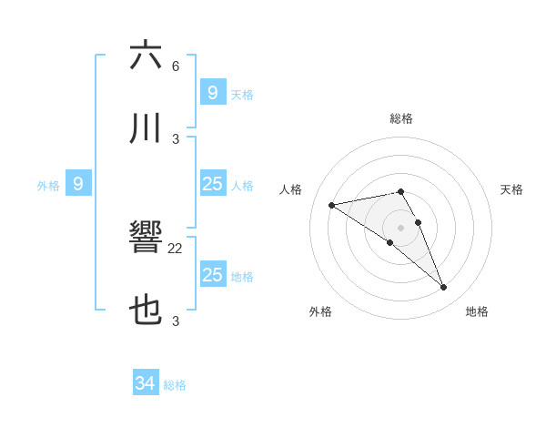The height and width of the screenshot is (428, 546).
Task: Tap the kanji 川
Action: pos(147,128)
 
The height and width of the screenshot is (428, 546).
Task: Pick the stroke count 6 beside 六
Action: pos(176,66)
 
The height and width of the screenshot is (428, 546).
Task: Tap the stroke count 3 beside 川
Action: pos(176,139)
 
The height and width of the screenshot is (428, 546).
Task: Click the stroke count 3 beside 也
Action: pos(176,321)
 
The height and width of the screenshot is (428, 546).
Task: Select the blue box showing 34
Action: pos(146,383)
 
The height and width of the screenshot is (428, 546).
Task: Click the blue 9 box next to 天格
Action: pos(212,92)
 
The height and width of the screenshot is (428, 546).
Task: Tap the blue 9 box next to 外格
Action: pos(78,184)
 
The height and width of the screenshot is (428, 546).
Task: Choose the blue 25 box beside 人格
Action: pos(212,184)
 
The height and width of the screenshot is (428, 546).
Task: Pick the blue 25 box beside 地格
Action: pos(212,275)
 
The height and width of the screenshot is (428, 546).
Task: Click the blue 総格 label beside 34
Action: pos(175,385)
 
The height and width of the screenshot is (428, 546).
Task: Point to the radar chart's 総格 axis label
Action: pos(401,118)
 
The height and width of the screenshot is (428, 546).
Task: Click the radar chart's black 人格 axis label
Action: pos(292,189)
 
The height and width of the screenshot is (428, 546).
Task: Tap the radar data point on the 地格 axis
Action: pos(443,288)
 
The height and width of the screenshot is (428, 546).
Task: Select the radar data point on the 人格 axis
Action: pos(331,205)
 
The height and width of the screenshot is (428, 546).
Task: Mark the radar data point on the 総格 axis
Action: pos(401,191)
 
